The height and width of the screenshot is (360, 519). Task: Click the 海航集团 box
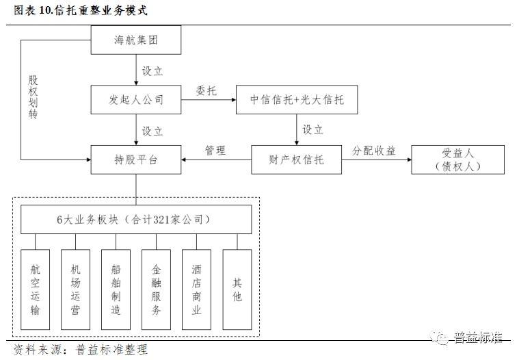tap(136, 40)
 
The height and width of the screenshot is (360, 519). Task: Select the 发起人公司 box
tap(136, 100)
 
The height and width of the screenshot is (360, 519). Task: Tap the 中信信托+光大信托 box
tap(297, 100)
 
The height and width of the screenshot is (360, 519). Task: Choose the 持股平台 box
tap(136, 159)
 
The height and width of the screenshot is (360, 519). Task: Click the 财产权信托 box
tap(296, 159)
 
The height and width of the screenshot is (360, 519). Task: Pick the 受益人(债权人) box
tap(457, 159)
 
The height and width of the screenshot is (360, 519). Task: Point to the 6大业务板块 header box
tap(136, 220)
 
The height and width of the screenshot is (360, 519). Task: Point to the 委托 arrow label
tap(206, 90)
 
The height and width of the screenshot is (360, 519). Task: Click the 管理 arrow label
tap(215, 151)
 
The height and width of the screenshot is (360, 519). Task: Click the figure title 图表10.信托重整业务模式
tap(80, 11)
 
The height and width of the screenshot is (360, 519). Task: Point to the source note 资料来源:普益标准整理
tap(81, 350)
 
